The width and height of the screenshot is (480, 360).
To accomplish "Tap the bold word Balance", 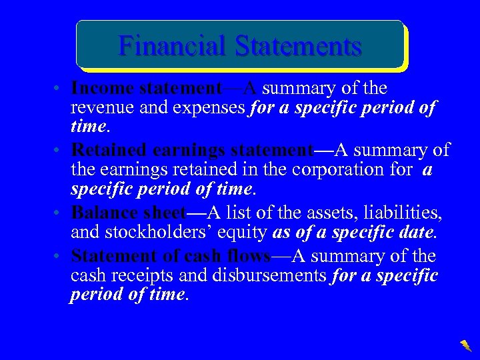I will (103, 212).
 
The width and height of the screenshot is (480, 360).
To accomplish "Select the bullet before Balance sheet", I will (60, 213).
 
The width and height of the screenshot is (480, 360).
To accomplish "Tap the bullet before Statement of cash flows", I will (60, 257).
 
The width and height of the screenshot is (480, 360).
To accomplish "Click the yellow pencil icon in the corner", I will (465, 345).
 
